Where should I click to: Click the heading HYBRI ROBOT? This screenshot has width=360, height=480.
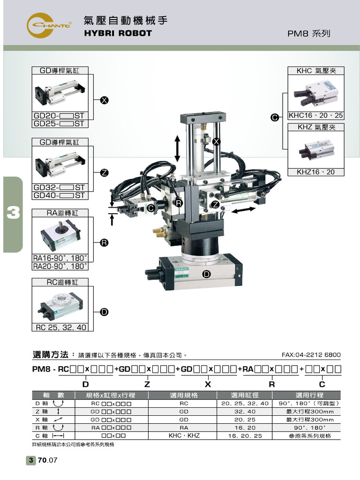tap(118, 33)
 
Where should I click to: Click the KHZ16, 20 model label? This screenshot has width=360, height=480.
tap(316, 172)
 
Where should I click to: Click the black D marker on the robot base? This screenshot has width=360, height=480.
tap(206, 274)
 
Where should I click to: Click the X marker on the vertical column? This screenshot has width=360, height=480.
tap(216, 142)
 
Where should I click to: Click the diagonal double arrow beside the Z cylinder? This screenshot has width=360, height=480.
tap(244, 211)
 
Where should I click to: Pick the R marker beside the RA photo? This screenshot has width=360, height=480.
tap(104, 242)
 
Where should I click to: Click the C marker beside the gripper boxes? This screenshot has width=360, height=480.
tap(275, 118)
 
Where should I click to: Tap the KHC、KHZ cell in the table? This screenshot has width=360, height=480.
tap(184, 435)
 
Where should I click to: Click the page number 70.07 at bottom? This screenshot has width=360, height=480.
tap(47, 460)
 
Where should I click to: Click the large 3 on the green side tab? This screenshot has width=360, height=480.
tap(13, 214)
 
